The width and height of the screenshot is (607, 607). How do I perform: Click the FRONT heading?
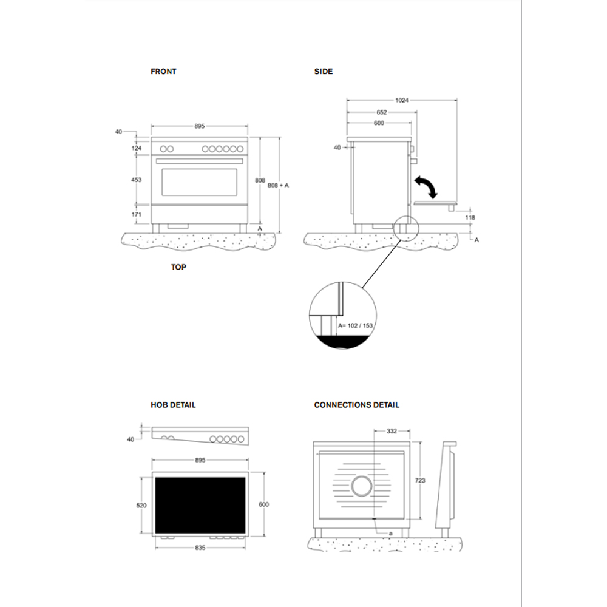click(x=163, y=72)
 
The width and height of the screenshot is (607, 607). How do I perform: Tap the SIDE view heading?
click(x=324, y=72)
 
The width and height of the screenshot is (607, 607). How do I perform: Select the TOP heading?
click(x=178, y=267)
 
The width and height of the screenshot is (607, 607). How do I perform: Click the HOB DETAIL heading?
click(x=173, y=405)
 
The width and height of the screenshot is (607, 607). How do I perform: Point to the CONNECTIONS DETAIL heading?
click(x=356, y=405)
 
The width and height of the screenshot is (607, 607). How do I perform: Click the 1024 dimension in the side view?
click(x=402, y=101)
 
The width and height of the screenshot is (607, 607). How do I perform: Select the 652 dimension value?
click(x=382, y=112)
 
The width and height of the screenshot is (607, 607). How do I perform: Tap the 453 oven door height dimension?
click(x=136, y=180)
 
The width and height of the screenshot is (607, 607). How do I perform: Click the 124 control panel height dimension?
click(x=136, y=148)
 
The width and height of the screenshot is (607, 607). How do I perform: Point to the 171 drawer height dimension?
click(x=136, y=214)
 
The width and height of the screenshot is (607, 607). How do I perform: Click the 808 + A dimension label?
click(x=278, y=185)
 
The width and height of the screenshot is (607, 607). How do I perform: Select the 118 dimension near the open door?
click(x=470, y=217)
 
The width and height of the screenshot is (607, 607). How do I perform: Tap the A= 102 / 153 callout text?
click(x=355, y=325)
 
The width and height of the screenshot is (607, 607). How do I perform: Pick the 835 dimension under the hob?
click(x=200, y=548)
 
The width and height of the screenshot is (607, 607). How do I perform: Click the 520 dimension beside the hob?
click(x=141, y=506)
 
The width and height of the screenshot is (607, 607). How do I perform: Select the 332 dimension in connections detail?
click(x=392, y=431)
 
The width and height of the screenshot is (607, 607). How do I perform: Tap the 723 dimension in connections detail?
click(x=420, y=480)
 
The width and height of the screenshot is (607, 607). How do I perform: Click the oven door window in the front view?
click(x=199, y=182)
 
